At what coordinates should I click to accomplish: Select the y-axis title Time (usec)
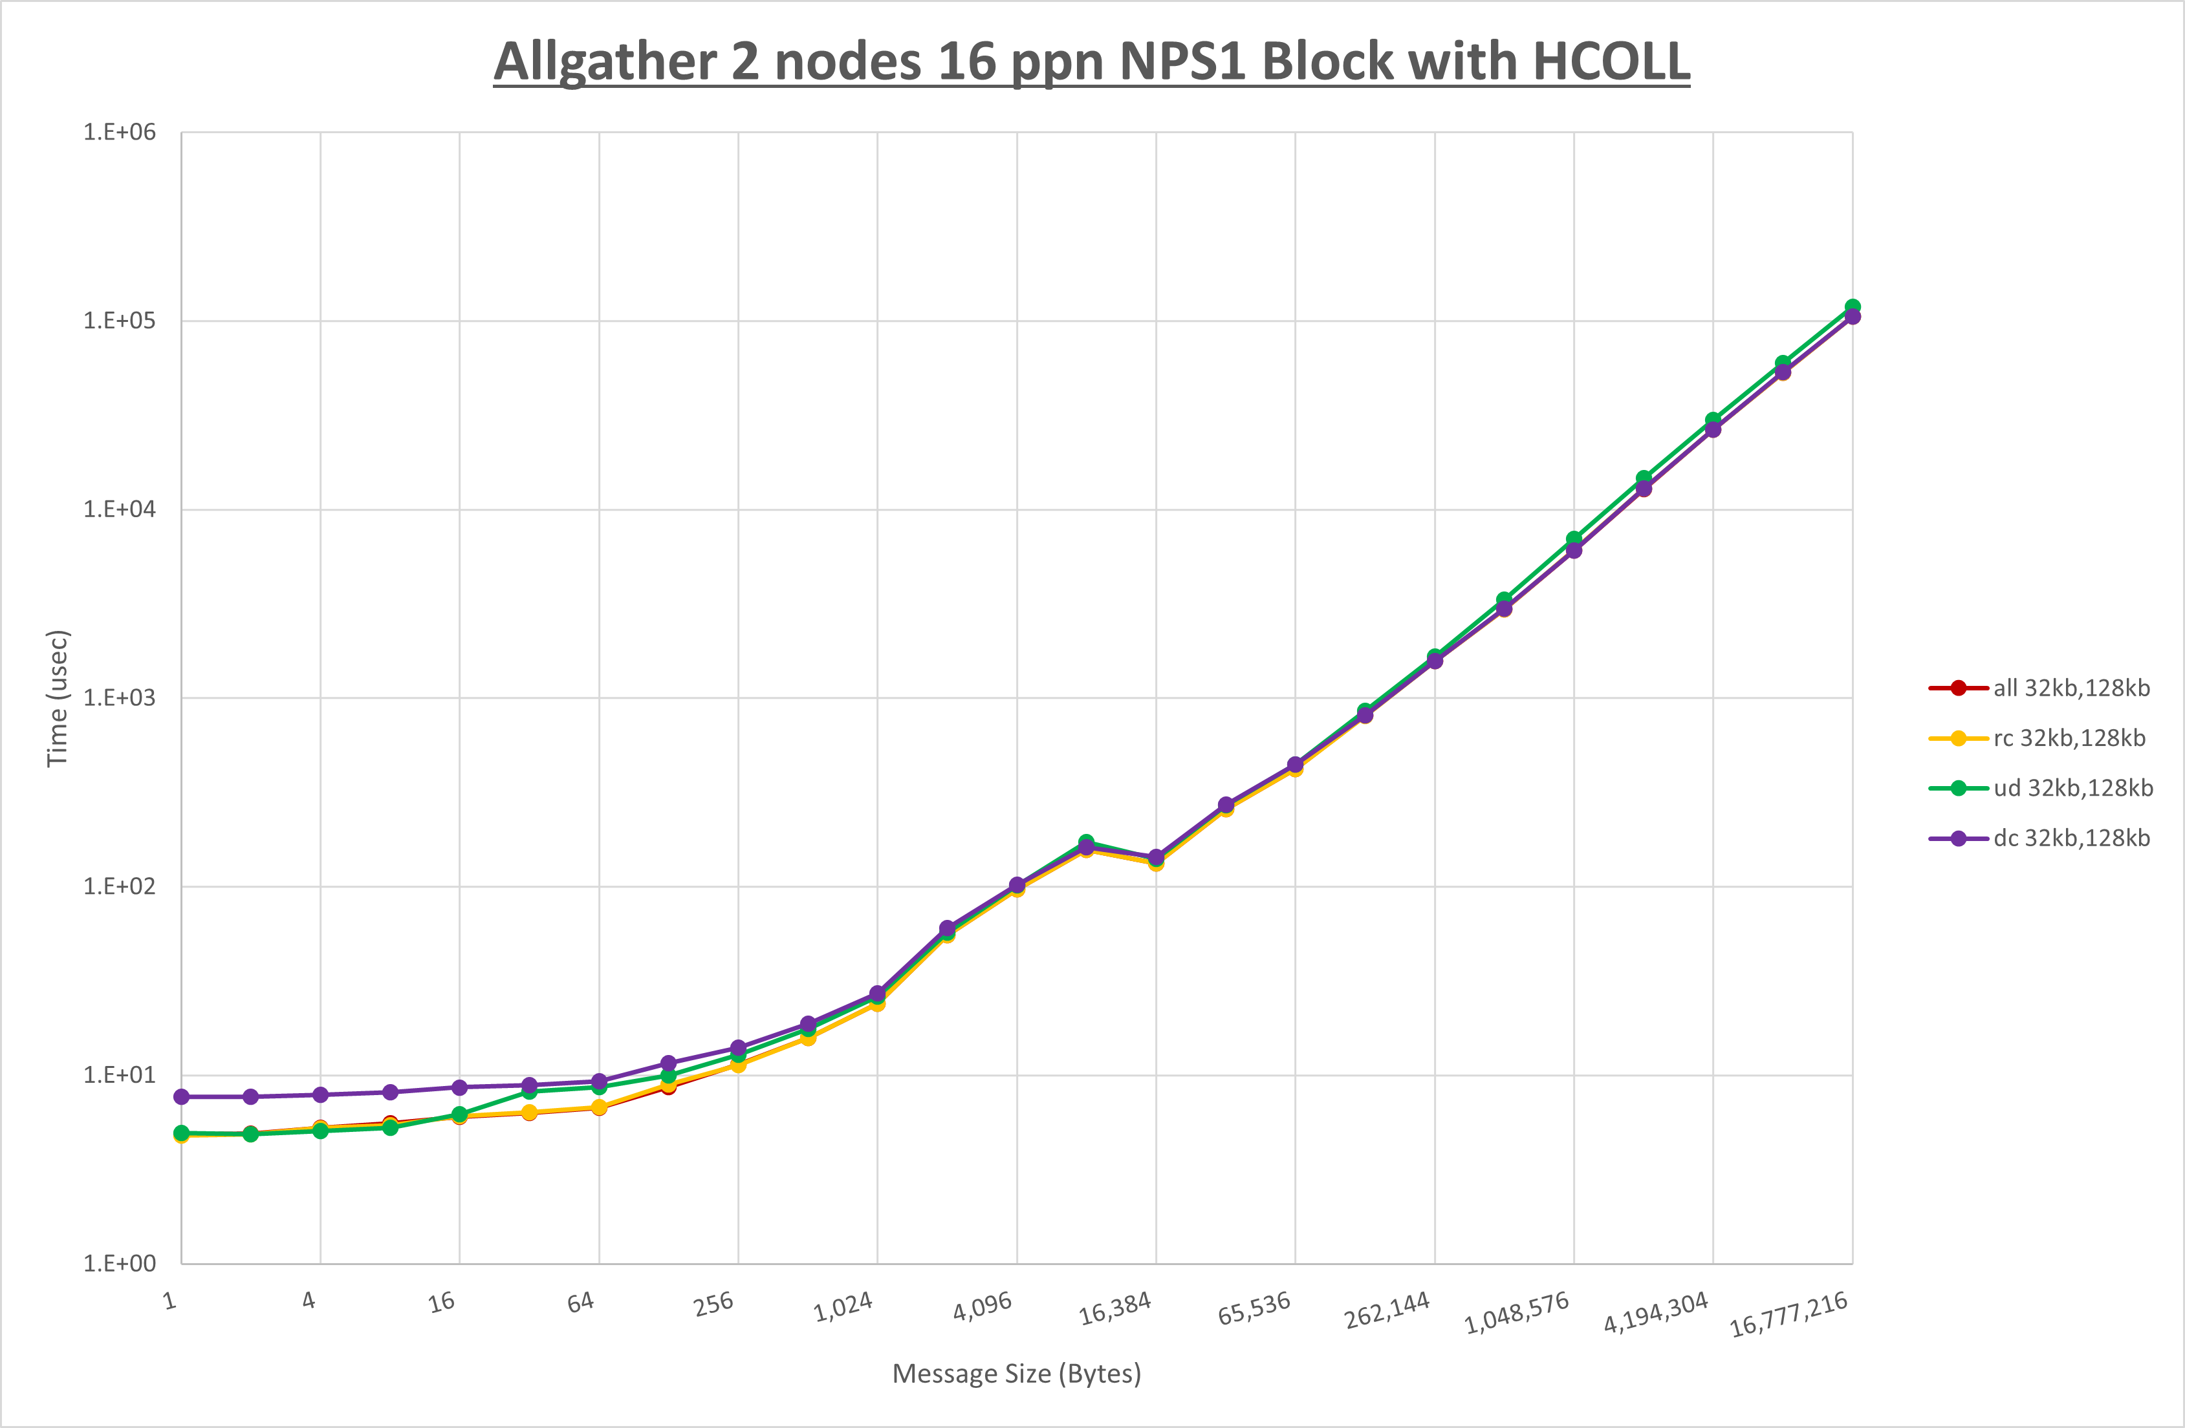[x=57, y=698]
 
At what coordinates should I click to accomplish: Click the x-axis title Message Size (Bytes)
[x=1016, y=1374]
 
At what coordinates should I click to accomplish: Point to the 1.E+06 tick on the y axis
[x=120, y=132]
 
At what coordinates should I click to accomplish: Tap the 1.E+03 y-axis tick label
[x=120, y=698]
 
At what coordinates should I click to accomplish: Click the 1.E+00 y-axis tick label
[x=120, y=1264]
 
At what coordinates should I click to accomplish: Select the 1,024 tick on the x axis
[x=843, y=1307]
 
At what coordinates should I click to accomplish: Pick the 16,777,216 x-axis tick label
[x=1788, y=1315]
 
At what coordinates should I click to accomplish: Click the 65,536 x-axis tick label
[x=1254, y=1308]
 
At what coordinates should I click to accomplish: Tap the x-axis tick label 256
[x=713, y=1304]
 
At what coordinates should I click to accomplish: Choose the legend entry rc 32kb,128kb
[x=2069, y=738]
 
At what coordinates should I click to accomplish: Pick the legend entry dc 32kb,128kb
[x=2071, y=838]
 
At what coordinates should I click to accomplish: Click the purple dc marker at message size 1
[x=182, y=1097]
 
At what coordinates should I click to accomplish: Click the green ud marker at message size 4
[x=320, y=1131]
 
